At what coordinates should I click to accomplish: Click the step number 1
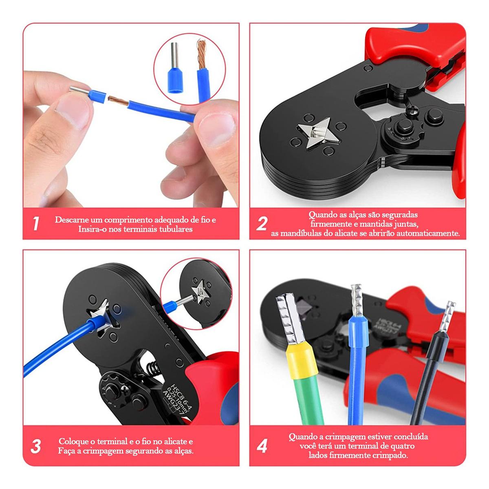click(36, 224)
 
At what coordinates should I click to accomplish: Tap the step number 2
click(261, 224)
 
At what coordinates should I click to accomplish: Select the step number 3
click(35, 446)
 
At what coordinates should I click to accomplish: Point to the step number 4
click(262, 446)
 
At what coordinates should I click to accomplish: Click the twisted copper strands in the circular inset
click(202, 54)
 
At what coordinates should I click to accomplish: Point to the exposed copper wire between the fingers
click(119, 101)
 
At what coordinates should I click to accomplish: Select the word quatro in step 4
click(402, 446)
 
